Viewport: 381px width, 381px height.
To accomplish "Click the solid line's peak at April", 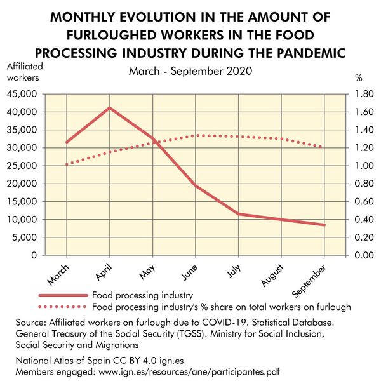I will click(x=110, y=107).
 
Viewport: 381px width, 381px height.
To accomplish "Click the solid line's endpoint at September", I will click(x=324, y=225).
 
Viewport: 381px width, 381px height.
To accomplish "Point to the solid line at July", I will click(x=239, y=214).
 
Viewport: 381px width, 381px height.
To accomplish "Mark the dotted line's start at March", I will click(x=67, y=164).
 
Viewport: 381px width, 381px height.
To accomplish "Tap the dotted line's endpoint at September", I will click(x=324, y=147).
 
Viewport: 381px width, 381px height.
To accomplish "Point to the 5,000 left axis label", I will click(x=25, y=237).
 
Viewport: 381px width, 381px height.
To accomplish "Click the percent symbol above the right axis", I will click(x=358, y=78).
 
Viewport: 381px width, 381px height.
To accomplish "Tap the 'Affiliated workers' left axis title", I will click(x=23, y=72).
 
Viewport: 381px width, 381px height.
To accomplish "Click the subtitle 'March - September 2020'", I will click(x=190, y=71).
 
